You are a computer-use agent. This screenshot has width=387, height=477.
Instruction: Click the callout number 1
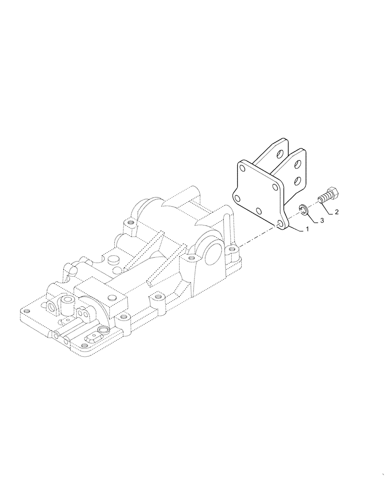click(307, 229)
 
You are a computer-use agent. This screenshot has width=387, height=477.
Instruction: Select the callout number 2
click(336, 212)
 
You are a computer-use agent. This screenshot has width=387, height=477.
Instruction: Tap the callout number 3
click(322, 220)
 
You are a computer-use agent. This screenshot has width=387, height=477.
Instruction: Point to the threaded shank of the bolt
click(323, 199)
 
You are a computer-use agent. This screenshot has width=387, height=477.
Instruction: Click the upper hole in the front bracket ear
click(297, 164)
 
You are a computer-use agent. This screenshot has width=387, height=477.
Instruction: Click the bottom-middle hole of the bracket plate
click(258, 210)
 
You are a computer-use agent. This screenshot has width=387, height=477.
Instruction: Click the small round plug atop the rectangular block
click(112, 260)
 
